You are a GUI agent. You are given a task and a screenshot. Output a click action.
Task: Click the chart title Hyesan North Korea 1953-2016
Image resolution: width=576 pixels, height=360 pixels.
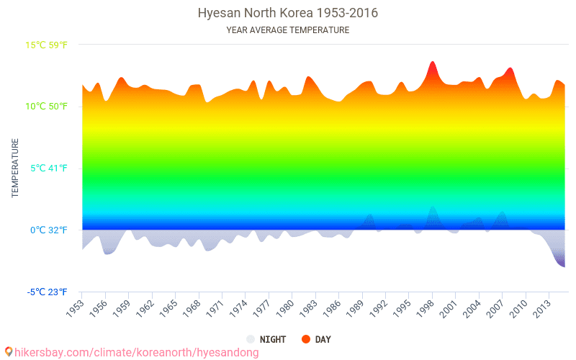[287, 14]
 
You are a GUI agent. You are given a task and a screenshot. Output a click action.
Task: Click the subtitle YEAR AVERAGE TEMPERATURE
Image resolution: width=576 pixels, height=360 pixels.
[287, 30]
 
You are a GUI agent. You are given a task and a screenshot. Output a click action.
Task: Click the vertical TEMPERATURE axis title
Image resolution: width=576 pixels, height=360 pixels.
[14, 168]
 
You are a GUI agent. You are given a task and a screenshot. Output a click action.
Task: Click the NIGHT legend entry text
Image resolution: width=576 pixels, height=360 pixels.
[273, 339]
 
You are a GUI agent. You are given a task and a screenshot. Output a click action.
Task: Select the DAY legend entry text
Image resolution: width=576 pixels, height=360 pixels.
[323, 339]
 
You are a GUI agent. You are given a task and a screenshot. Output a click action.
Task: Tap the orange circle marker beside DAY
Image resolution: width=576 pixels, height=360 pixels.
[306, 339]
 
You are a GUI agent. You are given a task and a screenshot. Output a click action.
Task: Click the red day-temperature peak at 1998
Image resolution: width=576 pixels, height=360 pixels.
[432, 63]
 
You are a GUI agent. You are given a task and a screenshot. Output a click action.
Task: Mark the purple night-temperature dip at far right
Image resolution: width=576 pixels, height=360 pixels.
[562, 264]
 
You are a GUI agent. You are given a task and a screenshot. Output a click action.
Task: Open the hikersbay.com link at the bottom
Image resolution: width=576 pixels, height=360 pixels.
[137, 353]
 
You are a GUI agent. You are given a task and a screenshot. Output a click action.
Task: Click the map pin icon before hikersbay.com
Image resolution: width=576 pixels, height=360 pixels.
[8, 352]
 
